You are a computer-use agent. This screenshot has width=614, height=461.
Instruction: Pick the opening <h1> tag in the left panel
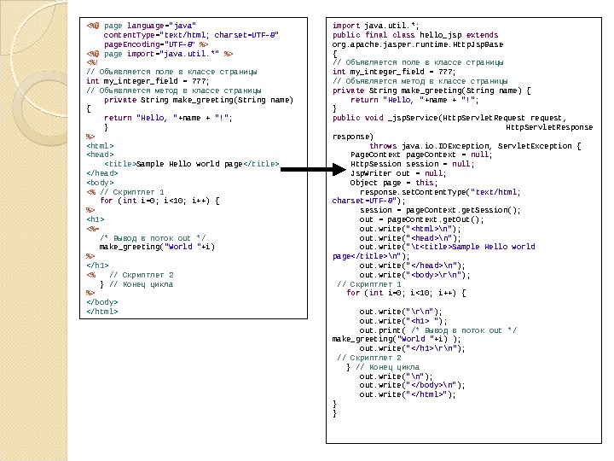(x=95, y=219)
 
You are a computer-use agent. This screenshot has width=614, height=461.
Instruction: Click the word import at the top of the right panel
(x=345, y=26)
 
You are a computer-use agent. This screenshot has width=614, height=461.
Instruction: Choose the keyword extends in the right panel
(x=481, y=35)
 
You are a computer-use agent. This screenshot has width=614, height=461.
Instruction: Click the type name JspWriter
(x=367, y=172)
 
